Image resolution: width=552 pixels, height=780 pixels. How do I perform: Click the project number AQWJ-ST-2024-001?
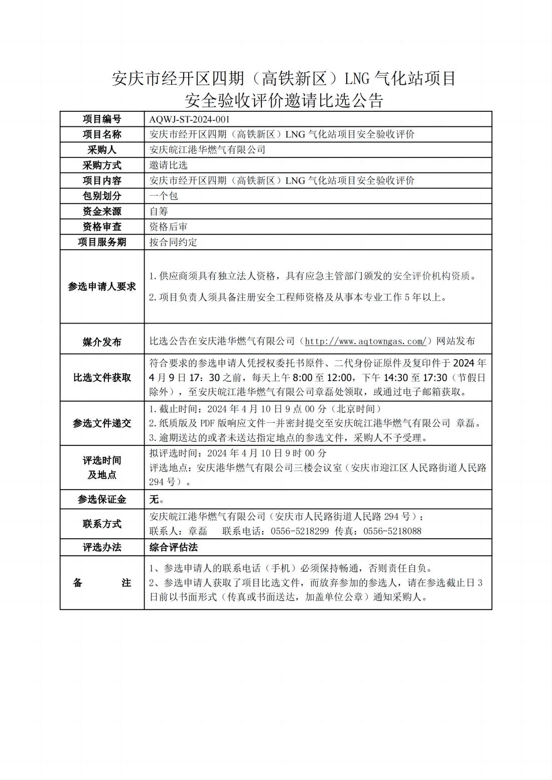coord(189,119)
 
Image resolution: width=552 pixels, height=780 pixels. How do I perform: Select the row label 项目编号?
coord(102,119)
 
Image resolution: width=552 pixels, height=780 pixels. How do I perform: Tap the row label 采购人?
coord(102,150)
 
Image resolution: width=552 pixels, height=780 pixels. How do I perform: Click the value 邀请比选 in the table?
coord(168,165)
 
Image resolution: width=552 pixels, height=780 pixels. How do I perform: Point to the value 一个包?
coord(164,196)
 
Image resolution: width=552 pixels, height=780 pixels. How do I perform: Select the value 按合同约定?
coord(173,242)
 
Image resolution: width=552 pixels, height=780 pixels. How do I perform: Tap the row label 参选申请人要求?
coord(102,286)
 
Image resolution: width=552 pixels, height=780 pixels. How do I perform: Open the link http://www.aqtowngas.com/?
coord(366,342)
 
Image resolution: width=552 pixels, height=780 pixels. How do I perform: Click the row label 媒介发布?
coord(102,342)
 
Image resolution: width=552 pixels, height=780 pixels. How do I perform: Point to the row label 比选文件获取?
coord(102,378)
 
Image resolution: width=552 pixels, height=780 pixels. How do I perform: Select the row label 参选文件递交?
coord(102,423)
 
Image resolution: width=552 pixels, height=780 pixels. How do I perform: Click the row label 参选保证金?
coord(102,500)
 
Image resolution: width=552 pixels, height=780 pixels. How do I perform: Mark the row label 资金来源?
coord(102,211)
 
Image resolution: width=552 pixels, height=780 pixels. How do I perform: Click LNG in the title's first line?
coord(356,79)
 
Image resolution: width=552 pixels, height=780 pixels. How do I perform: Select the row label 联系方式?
coord(102,524)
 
